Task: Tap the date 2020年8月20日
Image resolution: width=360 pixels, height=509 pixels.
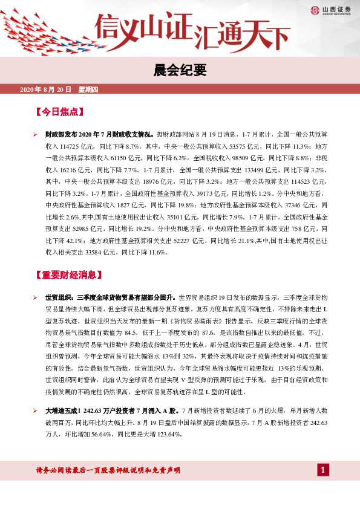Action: tap(46, 89)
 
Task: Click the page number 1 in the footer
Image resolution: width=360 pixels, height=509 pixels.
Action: tap(323, 470)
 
